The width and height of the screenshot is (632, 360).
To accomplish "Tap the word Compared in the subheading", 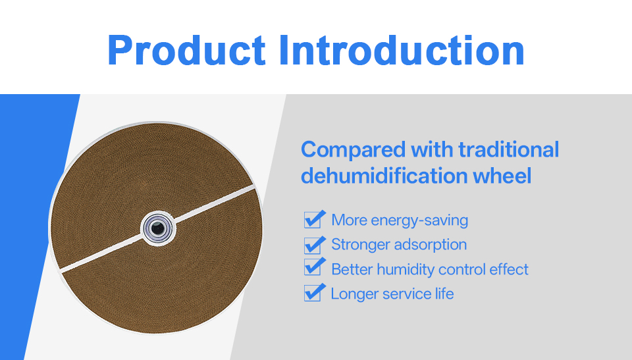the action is (353, 150).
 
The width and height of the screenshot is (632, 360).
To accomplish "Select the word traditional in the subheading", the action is (509, 149).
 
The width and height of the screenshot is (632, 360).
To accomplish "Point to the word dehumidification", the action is (383, 175).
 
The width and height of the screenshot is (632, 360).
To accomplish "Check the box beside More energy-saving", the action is (312, 220).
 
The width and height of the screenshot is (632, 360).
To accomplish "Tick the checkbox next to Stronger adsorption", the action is (312, 245).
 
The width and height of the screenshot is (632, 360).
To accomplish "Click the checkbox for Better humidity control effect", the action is (312, 268).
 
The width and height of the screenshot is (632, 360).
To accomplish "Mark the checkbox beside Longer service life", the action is (312, 293).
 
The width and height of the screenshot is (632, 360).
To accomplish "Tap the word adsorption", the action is (430, 245).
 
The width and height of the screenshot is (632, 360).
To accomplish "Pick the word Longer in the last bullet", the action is (354, 294).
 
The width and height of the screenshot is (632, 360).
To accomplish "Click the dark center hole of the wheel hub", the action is (157, 228).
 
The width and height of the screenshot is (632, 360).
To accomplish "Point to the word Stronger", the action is (359, 245).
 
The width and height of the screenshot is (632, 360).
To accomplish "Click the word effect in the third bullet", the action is (509, 269).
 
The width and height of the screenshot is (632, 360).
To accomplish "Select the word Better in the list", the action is (352, 269).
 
